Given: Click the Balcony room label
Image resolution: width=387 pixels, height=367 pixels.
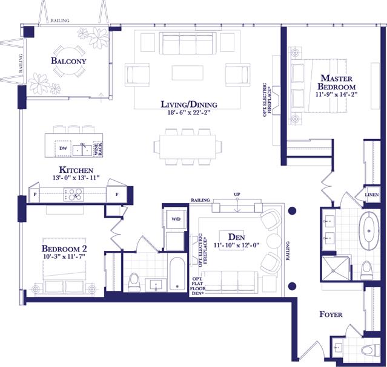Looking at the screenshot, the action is (x=68, y=60).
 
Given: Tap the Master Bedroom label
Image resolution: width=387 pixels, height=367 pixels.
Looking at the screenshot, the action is (x=337, y=82).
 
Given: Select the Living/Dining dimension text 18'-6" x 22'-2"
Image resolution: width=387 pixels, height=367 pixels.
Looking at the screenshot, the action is (x=189, y=113).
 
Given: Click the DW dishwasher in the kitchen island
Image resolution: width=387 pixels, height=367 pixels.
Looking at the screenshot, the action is (x=63, y=148).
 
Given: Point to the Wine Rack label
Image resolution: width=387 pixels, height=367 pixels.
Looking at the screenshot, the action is (x=98, y=149).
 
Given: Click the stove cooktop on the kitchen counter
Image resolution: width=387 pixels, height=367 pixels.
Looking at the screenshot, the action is (x=74, y=194).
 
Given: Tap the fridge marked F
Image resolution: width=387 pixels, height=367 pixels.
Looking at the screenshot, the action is (x=117, y=194).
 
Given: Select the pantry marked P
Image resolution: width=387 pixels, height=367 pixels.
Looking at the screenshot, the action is (x=35, y=194).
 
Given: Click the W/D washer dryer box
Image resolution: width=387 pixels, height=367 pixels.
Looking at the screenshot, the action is (x=176, y=219).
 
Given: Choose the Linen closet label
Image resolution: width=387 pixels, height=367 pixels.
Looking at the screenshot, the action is (x=372, y=195).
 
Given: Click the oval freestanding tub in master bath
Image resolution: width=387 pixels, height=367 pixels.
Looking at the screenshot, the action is (x=369, y=231).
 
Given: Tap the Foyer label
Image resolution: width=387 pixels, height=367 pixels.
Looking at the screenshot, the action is (x=331, y=314).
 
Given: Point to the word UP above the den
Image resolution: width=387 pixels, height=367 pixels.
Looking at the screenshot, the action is (x=237, y=194).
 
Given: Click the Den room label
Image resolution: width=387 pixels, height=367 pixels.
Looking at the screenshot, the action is (x=237, y=237).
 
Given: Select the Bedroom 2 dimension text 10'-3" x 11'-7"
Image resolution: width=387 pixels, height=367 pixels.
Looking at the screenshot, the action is (x=64, y=256).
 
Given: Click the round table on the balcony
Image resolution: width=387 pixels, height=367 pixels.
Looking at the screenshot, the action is (x=68, y=61).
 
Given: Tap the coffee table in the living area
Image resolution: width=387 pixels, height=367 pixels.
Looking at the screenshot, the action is (x=188, y=73).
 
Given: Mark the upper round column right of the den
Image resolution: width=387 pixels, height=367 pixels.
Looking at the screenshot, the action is (x=293, y=210).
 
